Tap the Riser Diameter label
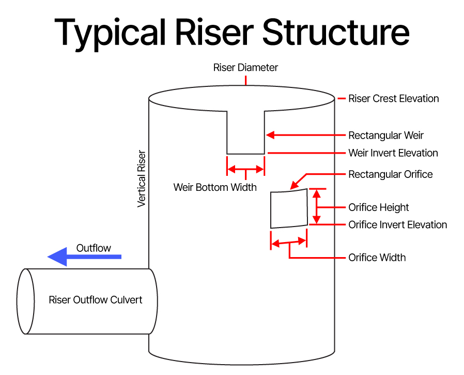click(x=245, y=68)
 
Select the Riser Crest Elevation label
click(x=393, y=98)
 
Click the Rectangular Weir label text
click(x=386, y=136)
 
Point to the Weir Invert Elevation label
click(x=393, y=153)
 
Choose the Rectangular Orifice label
click(x=390, y=174)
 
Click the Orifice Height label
click(x=378, y=207)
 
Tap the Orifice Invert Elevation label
click(x=397, y=224)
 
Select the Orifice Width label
click(x=377, y=258)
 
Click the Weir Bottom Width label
click(x=215, y=187)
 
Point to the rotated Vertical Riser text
click(x=142, y=179)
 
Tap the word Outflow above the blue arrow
click(x=94, y=248)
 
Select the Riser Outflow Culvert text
click(x=95, y=300)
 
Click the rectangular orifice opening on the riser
click(x=289, y=209)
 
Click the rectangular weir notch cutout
click(x=245, y=132)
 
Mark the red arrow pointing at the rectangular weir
click(x=305, y=136)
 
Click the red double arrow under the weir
click(x=245, y=169)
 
